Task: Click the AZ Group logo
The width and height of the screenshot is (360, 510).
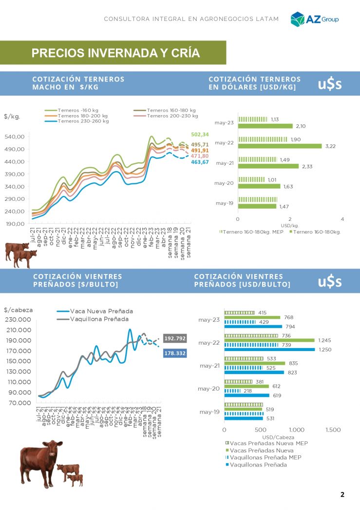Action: click(x=314, y=19)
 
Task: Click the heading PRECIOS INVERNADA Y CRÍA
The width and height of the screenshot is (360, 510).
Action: click(x=115, y=53)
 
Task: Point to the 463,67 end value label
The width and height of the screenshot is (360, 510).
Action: click(x=200, y=162)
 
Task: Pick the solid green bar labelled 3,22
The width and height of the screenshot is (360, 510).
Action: click(x=280, y=146)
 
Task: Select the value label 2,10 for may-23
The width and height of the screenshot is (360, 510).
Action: click(x=301, y=126)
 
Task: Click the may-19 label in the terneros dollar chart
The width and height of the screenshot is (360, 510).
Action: click(x=224, y=203)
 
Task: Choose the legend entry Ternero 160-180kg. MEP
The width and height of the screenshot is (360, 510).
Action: click(x=252, y=232)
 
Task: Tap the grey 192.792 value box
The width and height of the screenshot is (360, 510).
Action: click(x=175, y=338)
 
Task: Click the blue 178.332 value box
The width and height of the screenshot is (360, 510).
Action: click(x=175, y=353)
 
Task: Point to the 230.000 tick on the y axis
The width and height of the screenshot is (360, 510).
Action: click(x=18, y=320)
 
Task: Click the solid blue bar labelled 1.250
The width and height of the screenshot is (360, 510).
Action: click(x=269, y=350)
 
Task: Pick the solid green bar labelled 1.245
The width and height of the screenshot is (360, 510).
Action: click(x=269, y=340)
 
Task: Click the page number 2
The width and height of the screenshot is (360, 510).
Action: click(x=342, y=494)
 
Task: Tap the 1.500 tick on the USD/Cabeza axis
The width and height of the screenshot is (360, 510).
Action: click(x=333, y=430)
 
